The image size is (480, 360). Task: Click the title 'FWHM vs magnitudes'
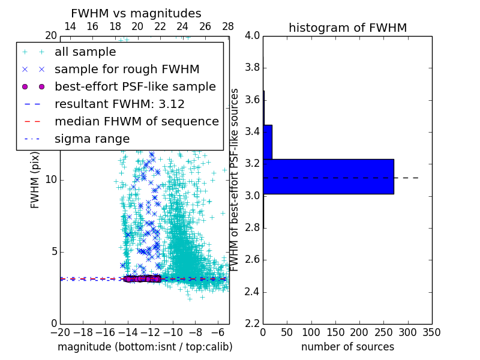[x=136, y=13]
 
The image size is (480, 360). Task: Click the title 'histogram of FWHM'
[x=347, y=28]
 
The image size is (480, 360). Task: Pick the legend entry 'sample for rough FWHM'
[x=127, y=70]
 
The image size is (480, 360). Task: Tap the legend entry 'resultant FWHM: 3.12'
[x=119, y=104]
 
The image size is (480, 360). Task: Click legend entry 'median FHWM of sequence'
[x=136, y=122]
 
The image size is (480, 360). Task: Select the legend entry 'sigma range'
[x=92, y=139]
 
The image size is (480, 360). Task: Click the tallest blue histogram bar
[x=328, y=176]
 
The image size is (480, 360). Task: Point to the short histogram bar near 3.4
[x=268, y=142]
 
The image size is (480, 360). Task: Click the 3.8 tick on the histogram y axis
[x=252, y=68]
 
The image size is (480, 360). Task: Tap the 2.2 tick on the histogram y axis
[x=252, y=324]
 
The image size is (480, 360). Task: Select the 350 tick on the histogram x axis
[x=432, y=332]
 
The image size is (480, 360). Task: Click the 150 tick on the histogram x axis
[x=335, y=332]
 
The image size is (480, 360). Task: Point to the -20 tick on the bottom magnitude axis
[x=60, y=332]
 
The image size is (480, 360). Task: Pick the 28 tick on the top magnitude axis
[x=228, y=26]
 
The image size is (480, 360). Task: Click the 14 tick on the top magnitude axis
[x=70, y=26]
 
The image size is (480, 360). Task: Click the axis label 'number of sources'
[x=347, y=347]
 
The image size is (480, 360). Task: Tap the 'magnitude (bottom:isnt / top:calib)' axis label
[x=145, y=347]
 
